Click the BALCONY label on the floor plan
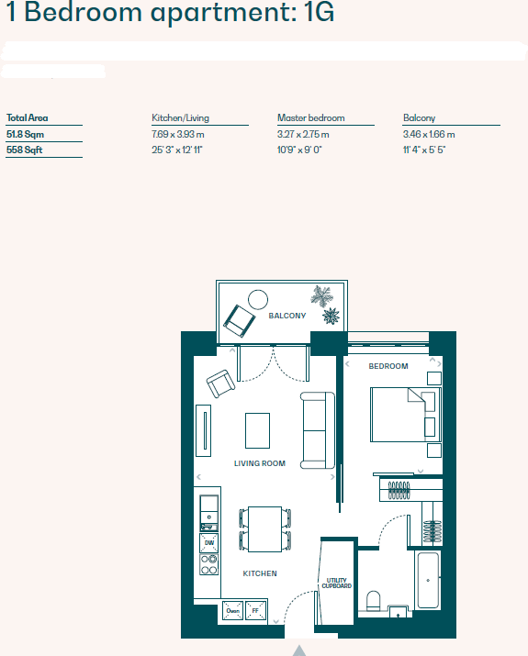(x=286, y=316)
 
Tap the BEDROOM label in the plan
(x=388, y=366)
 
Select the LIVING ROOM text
(x=259, y=463)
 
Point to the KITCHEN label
(x=259, y=573)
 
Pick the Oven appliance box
(x=232, y=610)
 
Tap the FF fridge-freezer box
(x=257, y=610)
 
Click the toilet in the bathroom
(x=374, y=602)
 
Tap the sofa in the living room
(x=318, y=429)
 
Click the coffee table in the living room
(x=257, y=428)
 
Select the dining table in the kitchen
(x=264, y=528)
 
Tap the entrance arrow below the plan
(x=298, y=650)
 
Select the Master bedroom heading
(x=310, y=118)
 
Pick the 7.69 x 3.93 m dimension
(x=177, y=134)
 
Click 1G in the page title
(x=313, y=13)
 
